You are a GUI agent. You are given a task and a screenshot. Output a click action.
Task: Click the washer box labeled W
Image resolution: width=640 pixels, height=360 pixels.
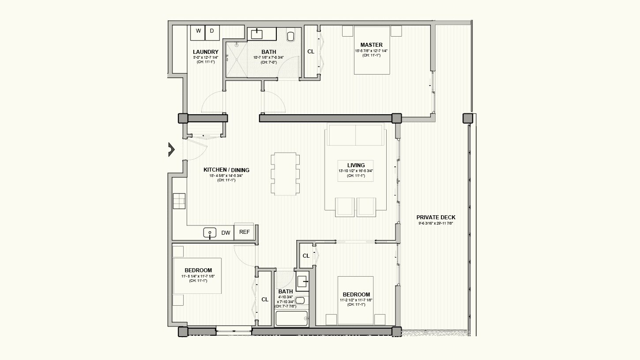click(x=198, y=32)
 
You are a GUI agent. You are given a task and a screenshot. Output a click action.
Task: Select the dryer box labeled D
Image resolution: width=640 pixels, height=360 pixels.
click(x=212, y=32)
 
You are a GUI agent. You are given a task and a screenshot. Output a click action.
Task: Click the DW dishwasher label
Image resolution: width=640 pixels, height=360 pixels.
click(x=226, y=232)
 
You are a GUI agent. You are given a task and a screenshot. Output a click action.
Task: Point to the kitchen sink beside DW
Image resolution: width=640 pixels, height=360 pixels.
click(x=210, y=232)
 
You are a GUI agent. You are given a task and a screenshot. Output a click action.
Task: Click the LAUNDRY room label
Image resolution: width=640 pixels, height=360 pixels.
click(x=206, y=52)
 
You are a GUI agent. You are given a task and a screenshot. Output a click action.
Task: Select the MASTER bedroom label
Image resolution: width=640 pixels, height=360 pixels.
click(x=371, y=45)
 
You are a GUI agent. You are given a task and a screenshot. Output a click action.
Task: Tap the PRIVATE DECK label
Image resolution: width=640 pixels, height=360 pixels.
click(x=436, y=217)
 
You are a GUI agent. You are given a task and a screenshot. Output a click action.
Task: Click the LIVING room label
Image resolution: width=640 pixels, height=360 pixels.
click(x=356, y=165)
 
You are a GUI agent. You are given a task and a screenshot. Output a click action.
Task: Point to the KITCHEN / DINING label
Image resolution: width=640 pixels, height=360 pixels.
click(x=226, y=170)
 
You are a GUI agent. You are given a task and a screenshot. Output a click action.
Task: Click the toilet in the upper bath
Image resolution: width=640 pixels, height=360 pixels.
click(x=291, y=36)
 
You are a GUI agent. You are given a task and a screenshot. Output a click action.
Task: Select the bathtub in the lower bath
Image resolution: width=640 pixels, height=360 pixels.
click(x=291, y=318)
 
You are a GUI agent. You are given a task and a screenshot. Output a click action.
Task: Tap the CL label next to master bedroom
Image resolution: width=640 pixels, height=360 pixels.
click(x=311, y=52)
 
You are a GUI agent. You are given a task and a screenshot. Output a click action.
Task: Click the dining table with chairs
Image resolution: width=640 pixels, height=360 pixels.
click(x=286, y=174)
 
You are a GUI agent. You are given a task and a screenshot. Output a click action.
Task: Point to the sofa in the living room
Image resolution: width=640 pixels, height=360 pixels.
click(x=356, y=135)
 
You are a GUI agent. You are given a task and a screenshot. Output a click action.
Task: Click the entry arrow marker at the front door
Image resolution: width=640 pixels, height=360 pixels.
click(x=170, y=150)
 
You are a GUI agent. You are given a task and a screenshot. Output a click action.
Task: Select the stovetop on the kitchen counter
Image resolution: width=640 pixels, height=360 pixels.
click(x=179, y=201)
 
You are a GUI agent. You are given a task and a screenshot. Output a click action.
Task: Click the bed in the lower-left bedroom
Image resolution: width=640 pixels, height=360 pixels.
click(x=197, y=276)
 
